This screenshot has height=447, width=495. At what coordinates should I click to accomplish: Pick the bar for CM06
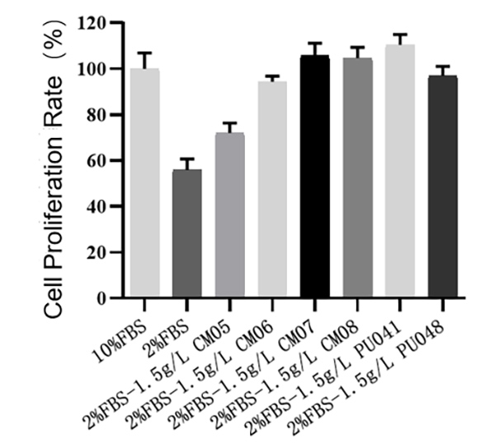(x=272, y=189)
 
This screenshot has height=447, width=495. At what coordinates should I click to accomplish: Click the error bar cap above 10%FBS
(x=145, y=53)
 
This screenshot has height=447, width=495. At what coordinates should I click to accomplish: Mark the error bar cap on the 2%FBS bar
(x=187, y=159)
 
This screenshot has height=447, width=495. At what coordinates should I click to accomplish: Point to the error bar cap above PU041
(x=400, y=35)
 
